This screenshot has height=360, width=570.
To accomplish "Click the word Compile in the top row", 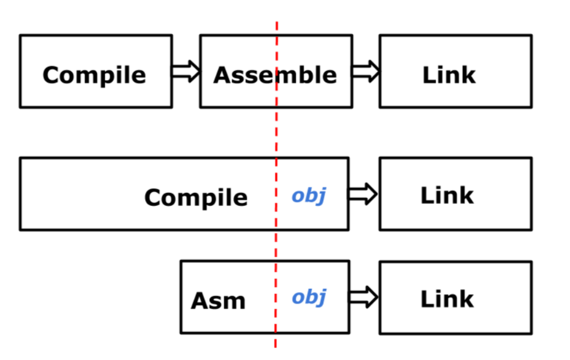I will [x=94, y=75].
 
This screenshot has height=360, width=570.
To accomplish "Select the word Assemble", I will [x=275, y=75].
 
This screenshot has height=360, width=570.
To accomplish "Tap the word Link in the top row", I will [x=449, y=75].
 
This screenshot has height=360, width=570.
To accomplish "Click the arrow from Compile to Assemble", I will [x=186, y=72].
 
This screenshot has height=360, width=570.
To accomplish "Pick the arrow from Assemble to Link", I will [x=365, y=72].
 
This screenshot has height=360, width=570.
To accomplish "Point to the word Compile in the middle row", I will [x=196, y=198].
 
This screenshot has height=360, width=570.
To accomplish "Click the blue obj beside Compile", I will [x=308, y=195].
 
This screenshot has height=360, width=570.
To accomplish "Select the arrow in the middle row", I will [x=363, y=195].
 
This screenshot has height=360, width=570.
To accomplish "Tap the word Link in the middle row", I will [x=447, y=196].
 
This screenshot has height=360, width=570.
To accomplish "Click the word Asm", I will [x=218, y=301].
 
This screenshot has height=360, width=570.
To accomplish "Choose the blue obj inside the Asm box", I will [x=309, y=296].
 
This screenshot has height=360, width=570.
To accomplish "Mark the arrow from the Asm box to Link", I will [x=364, y=297].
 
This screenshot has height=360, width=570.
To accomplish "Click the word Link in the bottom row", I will [x=447, y=299].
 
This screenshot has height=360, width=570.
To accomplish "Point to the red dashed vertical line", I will [x=276, y=136].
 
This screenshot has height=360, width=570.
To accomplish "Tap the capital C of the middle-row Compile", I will [x=154, y=198].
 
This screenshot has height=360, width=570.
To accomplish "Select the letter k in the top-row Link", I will [x=468, y=75].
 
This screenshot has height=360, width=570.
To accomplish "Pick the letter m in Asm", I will [x=236, y=302].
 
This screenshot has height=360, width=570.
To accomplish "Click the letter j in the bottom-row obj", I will [x=322, y=297].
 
